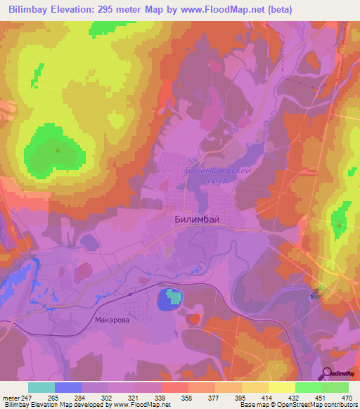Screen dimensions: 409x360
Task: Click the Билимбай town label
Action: (196, 219)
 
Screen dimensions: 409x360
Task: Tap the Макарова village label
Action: (112, 320)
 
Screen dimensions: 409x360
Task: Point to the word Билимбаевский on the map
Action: (217, 170)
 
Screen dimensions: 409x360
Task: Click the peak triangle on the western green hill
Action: (58, 149)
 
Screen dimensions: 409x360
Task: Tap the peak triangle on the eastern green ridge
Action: (340, 226)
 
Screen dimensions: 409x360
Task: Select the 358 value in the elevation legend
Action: (187, 397)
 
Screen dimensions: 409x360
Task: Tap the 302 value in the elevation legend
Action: (108, 397)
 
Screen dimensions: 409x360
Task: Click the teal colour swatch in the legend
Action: (41, 387)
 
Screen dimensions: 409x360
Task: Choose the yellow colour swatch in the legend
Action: (281, 387)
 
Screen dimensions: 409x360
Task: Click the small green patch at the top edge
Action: (103, 28)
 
